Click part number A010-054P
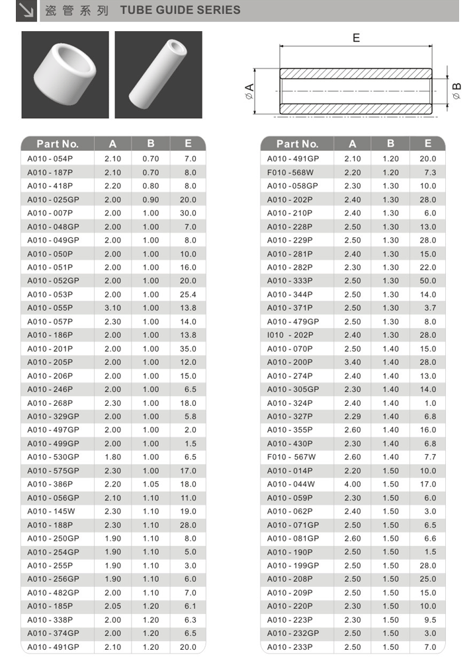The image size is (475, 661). pyautogui.click(x=50, y=159)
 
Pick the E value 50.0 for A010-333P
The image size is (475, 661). pyautogui.click(x=427, y=281)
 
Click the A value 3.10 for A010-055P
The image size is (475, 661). pyautogui.click(x=112, y=308)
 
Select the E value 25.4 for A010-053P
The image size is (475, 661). pyautogui.click(x=188, y=294)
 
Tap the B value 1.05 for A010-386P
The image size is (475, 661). pyautogui.click(x=151, y=485)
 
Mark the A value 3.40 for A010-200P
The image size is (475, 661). pyautogui.click(x=353, y=362)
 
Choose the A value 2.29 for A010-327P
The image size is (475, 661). pyautogui.click(x=353, y=416)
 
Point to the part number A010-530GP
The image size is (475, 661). pyautogui.click(x=53, y=457)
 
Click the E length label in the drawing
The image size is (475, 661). pyautogui.click(x=356, y=38)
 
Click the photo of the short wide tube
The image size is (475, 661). pyautogui.click(x=65, y=75)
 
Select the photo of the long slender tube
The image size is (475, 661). pyautogui.click(x=158, y=75)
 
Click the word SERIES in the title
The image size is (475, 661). pyautogui.click(x=219, y=11)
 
